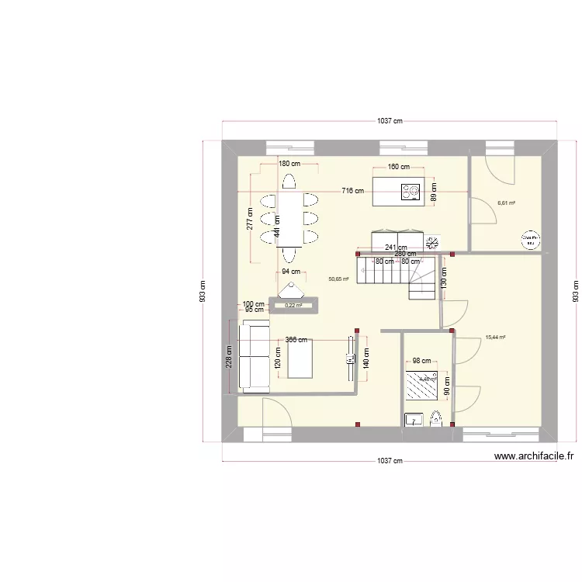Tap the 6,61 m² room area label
pyautogui.click(x=507, y=203)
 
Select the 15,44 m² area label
pyautogui.click(x=495, y=338)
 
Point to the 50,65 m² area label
pyautogui.click(x=339, y=279)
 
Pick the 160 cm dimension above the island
pyautogui.click(x=399, y=167)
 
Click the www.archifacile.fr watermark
pyautogui.click(x=534, y=458)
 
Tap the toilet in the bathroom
pyautogui.click(x=435, y=420)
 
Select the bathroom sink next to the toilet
pyautogui.click(x=413, y=421)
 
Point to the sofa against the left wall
pyautogui.click(x=254, y=357)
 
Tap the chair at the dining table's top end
pyautogui.click(x=289, y=182)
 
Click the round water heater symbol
pyautogui.click(x=531, y=240)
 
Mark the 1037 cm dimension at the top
pyautogui.click(x=390, y=121)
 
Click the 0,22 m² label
pyautogui.click(x=293, y=306)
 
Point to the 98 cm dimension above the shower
pyautogui.click(x=421, y=361)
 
